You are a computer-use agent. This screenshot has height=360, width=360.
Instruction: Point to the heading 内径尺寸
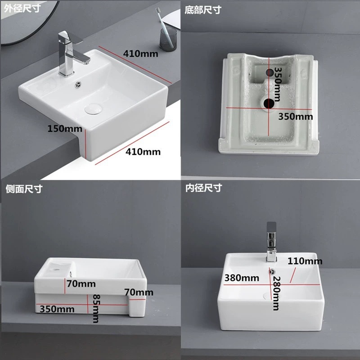point(203,189)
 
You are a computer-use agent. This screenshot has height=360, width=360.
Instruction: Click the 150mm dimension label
point(62,129)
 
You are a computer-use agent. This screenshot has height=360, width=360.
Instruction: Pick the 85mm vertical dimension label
point(95,308)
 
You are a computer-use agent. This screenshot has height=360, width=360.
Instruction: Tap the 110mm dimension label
point(305,261)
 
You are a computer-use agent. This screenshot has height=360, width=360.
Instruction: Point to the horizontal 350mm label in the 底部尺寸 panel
point(295,116)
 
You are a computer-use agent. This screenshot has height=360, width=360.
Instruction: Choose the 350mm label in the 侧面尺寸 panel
point(57,309)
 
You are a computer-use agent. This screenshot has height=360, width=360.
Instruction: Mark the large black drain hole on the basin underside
point(270,103)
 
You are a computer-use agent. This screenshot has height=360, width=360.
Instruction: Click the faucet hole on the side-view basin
point(56,269)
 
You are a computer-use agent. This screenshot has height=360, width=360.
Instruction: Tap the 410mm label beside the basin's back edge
point(141,54)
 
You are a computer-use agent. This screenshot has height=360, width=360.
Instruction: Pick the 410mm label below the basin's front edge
point(143,152)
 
